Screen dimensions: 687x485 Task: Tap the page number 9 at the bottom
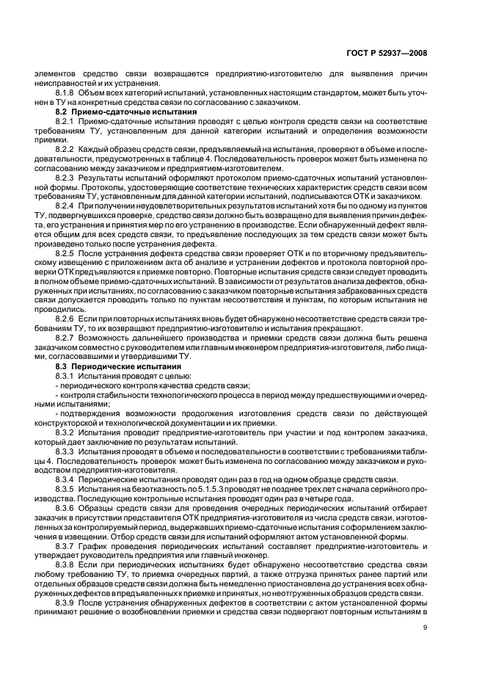click(x=425, y=626)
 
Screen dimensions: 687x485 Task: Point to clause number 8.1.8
click(x=67, y=93)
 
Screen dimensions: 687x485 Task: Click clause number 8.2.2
click(x=67, y=149)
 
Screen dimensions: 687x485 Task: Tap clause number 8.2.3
click(x=67, y=178)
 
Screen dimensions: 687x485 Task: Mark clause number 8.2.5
click(x=67, y=252)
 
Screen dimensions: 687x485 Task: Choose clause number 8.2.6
click(x=67, y=321)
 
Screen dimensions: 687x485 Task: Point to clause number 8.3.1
click(x=67, y=374)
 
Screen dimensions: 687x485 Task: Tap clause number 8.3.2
click(x=67, y=432)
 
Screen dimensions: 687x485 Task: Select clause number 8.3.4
click(x=67, y=479)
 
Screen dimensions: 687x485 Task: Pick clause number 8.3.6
click(x=67, y=507)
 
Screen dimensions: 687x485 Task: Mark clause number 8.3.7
click(x=67, y=545)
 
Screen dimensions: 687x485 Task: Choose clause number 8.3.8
click(x=67, y=564)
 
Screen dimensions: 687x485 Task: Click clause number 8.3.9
click(x=67, y=602)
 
